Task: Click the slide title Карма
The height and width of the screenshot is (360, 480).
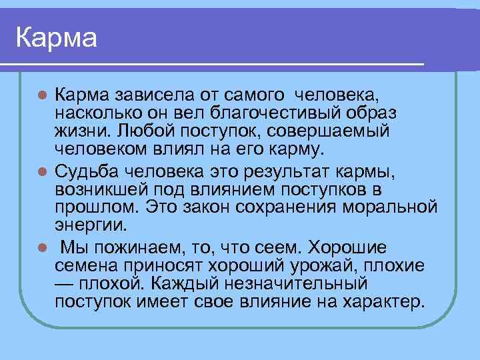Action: point(57,37)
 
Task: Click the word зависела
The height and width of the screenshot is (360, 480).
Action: point(145,91)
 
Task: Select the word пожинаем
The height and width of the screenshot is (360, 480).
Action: point(142,249)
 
